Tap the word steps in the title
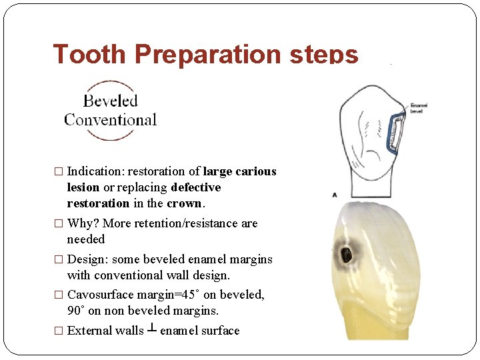click(x=325, y=53)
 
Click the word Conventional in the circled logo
click(x=110, y=120)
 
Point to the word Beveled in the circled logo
click(x=110, y=101)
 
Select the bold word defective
click(x=195, y=187)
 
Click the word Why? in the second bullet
click(x=83, y=223)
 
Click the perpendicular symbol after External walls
click(x=152, y=330)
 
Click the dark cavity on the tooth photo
click(x=346, y=254)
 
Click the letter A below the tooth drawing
click(x=335, y=194)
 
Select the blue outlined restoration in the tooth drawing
click(x=397, y=133)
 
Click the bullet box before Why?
click(x=59, y=223)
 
